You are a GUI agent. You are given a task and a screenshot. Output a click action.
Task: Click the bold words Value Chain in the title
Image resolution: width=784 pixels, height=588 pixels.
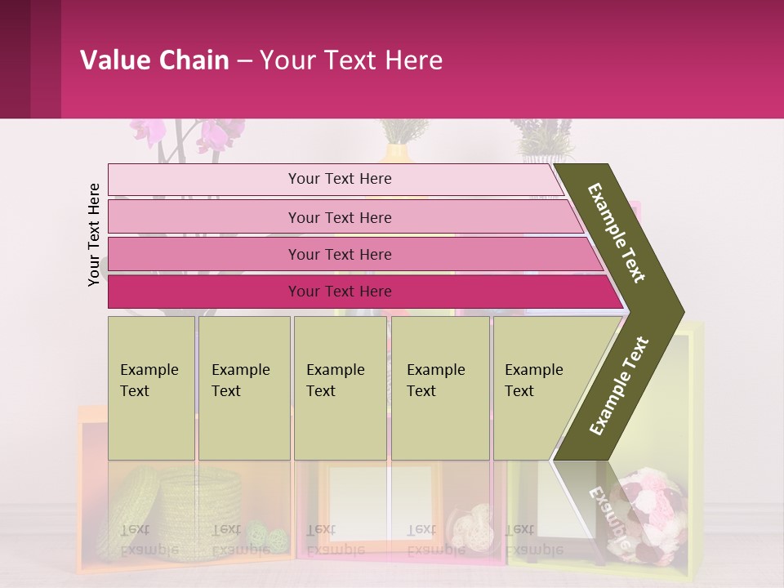[154, 60]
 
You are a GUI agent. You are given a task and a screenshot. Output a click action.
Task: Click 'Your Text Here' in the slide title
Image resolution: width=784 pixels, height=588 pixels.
[351, 60]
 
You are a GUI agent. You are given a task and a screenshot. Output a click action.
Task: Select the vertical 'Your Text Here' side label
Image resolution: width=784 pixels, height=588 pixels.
[94, 234]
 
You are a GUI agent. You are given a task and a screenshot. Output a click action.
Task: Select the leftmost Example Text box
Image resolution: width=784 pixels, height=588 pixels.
[151, 388]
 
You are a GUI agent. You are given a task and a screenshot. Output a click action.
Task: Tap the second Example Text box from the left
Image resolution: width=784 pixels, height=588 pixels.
[243, 388]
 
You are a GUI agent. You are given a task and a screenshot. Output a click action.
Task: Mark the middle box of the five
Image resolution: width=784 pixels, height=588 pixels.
[340, 388]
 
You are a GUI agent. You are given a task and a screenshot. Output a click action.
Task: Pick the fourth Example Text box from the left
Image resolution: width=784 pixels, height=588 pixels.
[440, 388]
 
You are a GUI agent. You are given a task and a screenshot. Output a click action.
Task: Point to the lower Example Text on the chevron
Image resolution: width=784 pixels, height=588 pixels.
[619, 385]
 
